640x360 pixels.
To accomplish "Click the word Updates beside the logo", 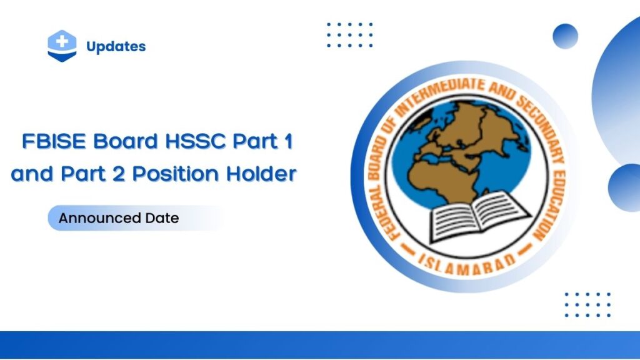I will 116,46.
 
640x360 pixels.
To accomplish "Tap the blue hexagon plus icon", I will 62,46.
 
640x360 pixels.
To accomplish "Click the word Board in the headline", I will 126,142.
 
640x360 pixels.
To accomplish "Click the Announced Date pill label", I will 119,218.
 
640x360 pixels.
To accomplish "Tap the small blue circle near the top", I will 565,36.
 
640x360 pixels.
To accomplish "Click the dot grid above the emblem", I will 350,35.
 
